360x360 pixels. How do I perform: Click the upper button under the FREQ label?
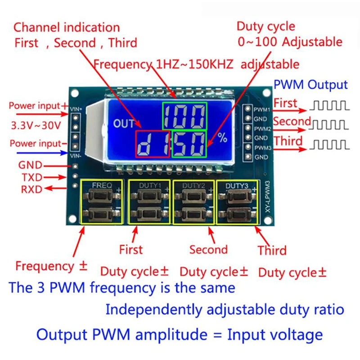click(x=101, y=196)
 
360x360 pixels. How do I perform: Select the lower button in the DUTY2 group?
click(x=194, y=213)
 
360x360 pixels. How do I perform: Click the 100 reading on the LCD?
click(x=185, y=116)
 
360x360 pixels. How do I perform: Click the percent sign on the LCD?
click(x=223, y=139)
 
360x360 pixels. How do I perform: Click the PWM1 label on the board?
click(x=261, y=109)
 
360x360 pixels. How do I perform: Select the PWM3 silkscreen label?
click(x=261, y=148)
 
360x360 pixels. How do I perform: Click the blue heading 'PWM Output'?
click(x=310, y=85)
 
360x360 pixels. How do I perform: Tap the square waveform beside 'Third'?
click(x=330, y=144)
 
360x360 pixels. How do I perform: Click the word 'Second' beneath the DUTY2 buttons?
click(x=208, y=250)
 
